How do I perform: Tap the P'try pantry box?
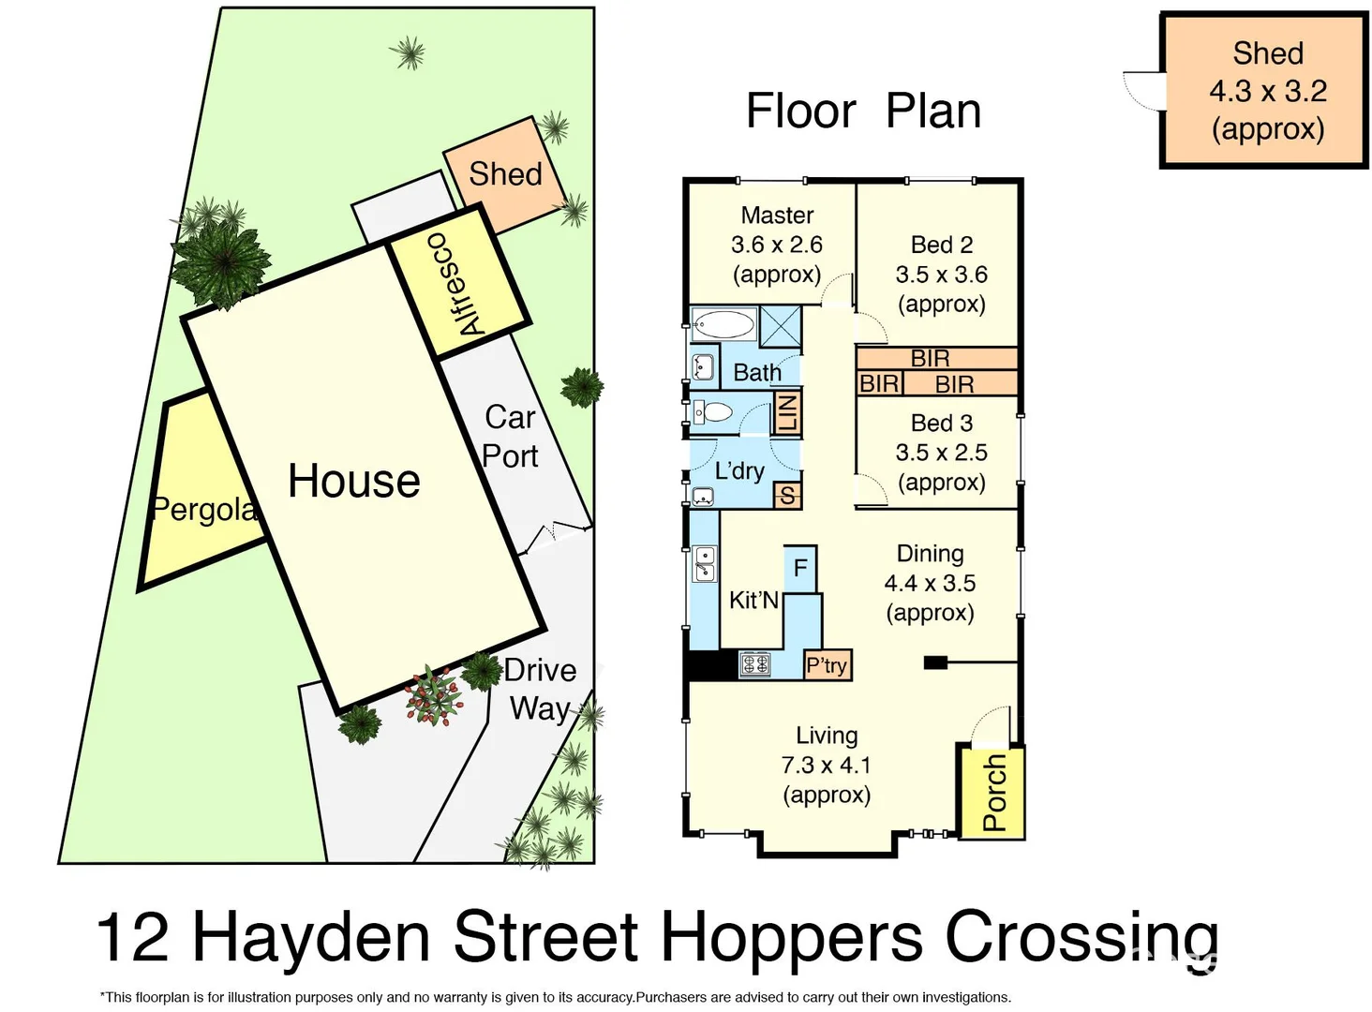click(827, 665)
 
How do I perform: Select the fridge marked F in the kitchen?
click(799, 568)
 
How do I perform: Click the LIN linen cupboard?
click(786, 412)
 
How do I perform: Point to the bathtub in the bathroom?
click(723, 326)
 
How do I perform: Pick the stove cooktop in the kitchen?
click(755, 665)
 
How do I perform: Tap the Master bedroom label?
click(777, 216)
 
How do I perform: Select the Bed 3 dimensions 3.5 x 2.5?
click(941, 453)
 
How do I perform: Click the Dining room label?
click(930, 554)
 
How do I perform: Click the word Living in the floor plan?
click(827, 736)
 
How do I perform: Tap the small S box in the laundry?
click(786, 496)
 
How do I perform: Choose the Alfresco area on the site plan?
click(457, 283)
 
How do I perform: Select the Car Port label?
click(510, 437)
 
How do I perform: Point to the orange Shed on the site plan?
click(505, 174)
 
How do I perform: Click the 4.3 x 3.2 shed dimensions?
click(1267, 91)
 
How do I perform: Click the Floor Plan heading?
click(863, 111)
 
